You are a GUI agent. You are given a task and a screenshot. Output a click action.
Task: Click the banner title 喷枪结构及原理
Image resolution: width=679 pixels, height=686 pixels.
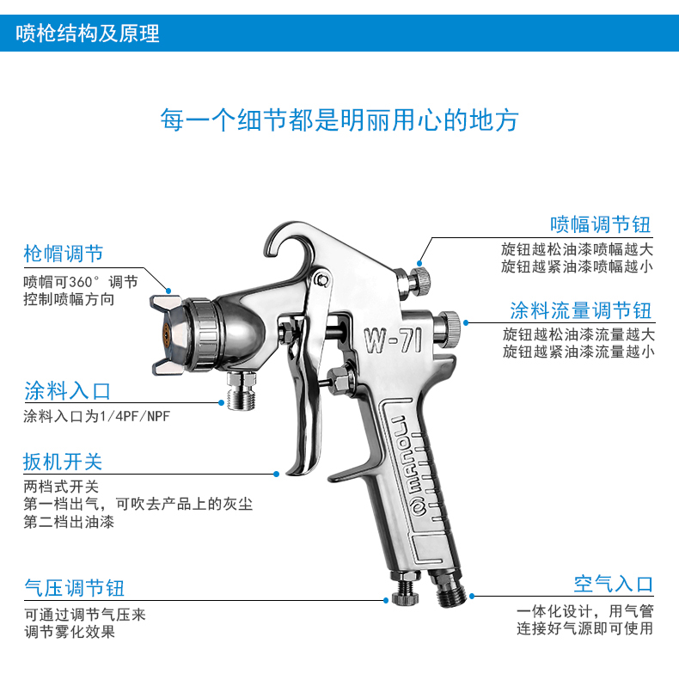coord(88,34)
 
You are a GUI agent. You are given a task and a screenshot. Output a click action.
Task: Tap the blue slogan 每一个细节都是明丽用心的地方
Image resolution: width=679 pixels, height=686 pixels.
coord(339,119)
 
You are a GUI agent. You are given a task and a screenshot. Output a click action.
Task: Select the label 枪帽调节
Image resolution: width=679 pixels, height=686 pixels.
coord(64,254)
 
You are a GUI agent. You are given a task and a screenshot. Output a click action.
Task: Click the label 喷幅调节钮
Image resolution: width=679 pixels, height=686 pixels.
coord(601,224)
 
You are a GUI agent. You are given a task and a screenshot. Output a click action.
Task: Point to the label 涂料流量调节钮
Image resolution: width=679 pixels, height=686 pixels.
coord(581,310)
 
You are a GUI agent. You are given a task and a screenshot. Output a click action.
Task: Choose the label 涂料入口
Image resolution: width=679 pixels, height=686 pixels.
coord(67,390)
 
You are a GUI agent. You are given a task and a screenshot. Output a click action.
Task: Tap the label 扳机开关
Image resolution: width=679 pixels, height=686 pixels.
coord(63,462)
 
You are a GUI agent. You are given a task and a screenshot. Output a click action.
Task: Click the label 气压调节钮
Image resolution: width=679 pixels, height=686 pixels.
coord(75,588)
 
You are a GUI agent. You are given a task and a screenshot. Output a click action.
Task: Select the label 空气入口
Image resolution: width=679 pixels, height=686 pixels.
coord(614,584)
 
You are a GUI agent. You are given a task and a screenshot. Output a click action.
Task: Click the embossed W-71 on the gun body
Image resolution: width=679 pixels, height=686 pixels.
coord(394,340)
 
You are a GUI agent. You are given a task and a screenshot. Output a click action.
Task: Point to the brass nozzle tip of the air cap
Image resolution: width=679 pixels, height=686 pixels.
coord(166,334)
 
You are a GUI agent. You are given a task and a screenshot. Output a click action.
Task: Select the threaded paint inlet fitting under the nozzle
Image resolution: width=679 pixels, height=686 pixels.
coord(241,390)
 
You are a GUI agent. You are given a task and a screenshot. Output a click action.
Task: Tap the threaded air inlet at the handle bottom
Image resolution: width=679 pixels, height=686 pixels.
coord(450,590)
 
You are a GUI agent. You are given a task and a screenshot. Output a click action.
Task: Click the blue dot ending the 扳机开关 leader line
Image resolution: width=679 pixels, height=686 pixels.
coord(276,474)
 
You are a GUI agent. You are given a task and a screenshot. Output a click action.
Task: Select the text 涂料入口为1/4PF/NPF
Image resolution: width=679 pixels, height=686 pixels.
coord(96,416)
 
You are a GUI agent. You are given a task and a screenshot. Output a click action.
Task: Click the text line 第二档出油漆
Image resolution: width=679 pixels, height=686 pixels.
coord(69,522)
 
